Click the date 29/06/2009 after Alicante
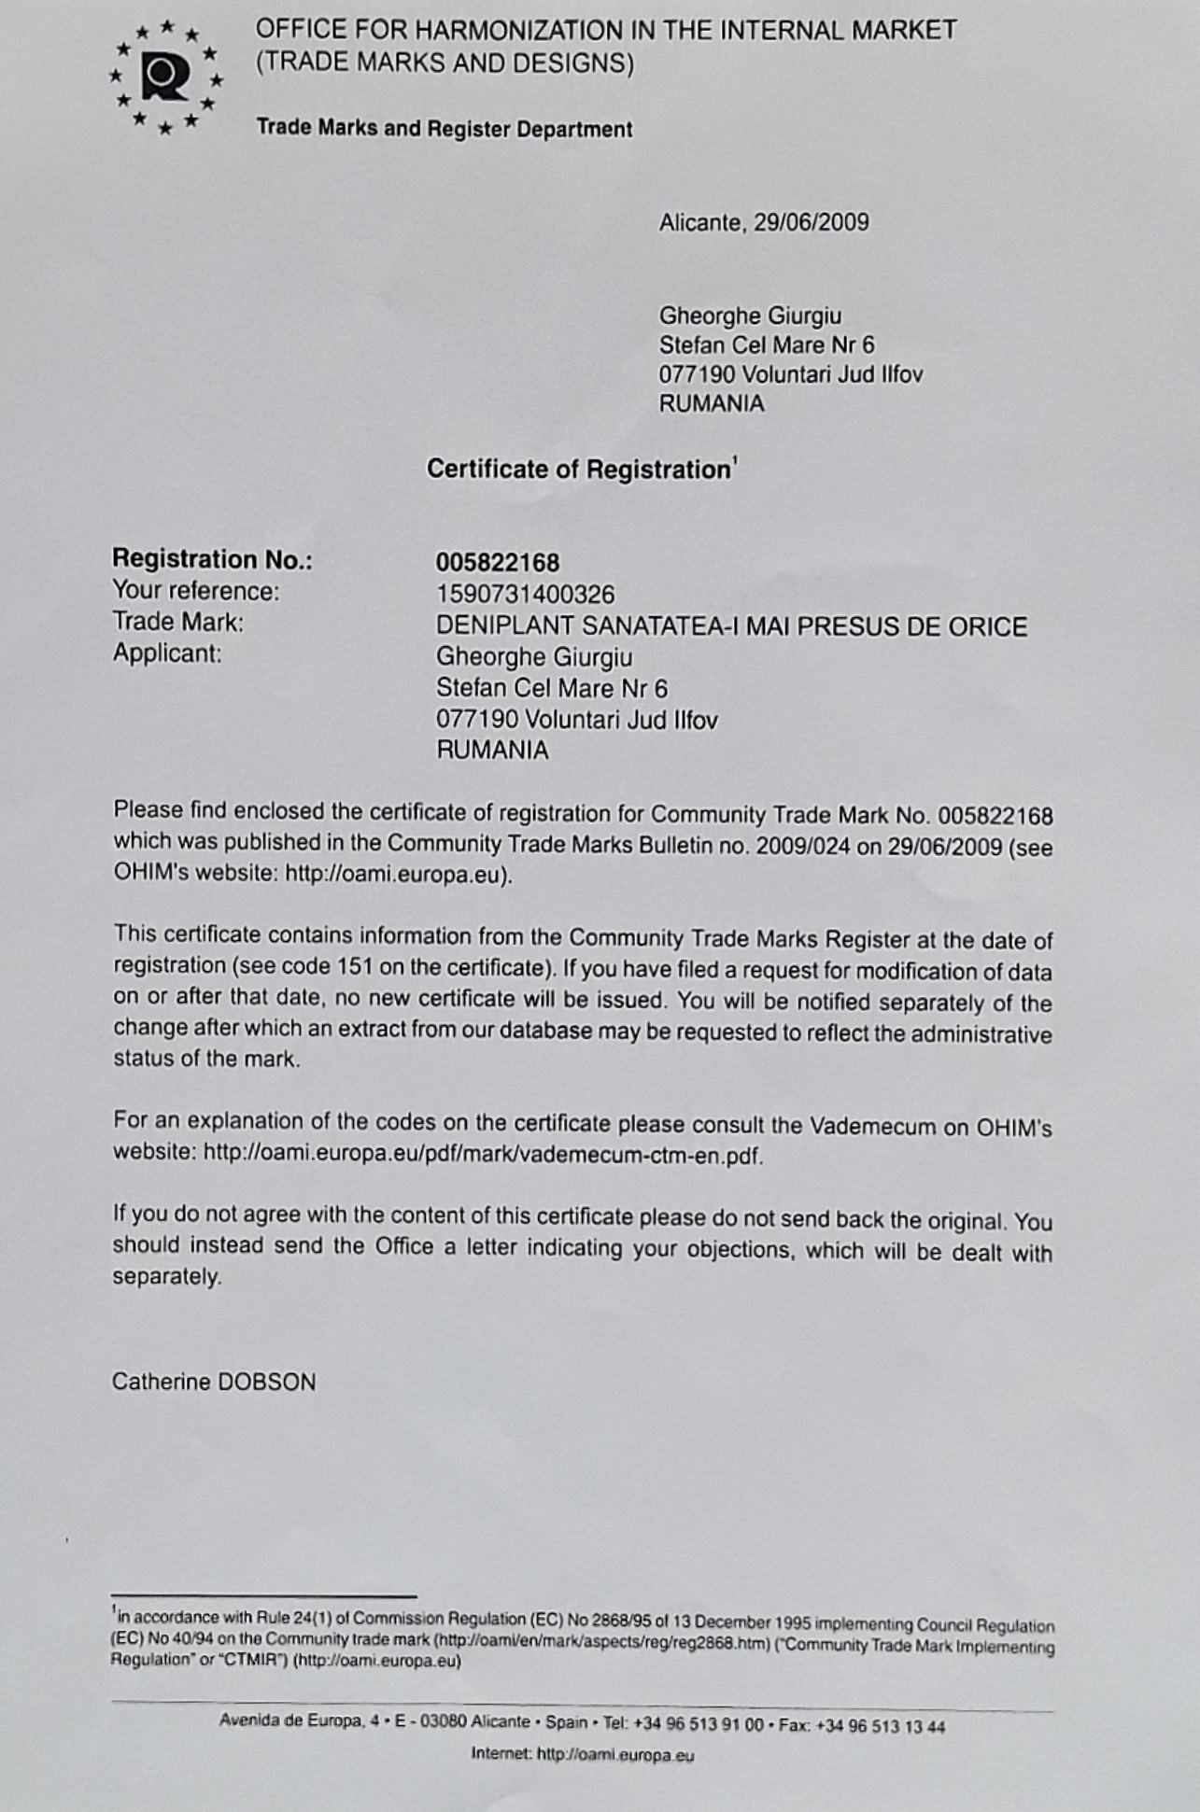pos(812,222)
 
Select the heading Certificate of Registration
pos(579,469)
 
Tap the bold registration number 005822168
pos(498,562)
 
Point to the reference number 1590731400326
pos(526,594)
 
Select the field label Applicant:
pos(167,653)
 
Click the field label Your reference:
pos(195,591)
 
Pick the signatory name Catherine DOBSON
pos(214,1382)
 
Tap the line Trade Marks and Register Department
pos(445,128)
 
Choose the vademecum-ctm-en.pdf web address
pos(483,1155)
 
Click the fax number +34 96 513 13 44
pos(880,1726)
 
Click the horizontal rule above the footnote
pos(263,1595)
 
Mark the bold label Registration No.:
pos(212,559)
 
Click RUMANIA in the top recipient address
pos(712,403)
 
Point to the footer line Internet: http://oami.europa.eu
pos(583,1754)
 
